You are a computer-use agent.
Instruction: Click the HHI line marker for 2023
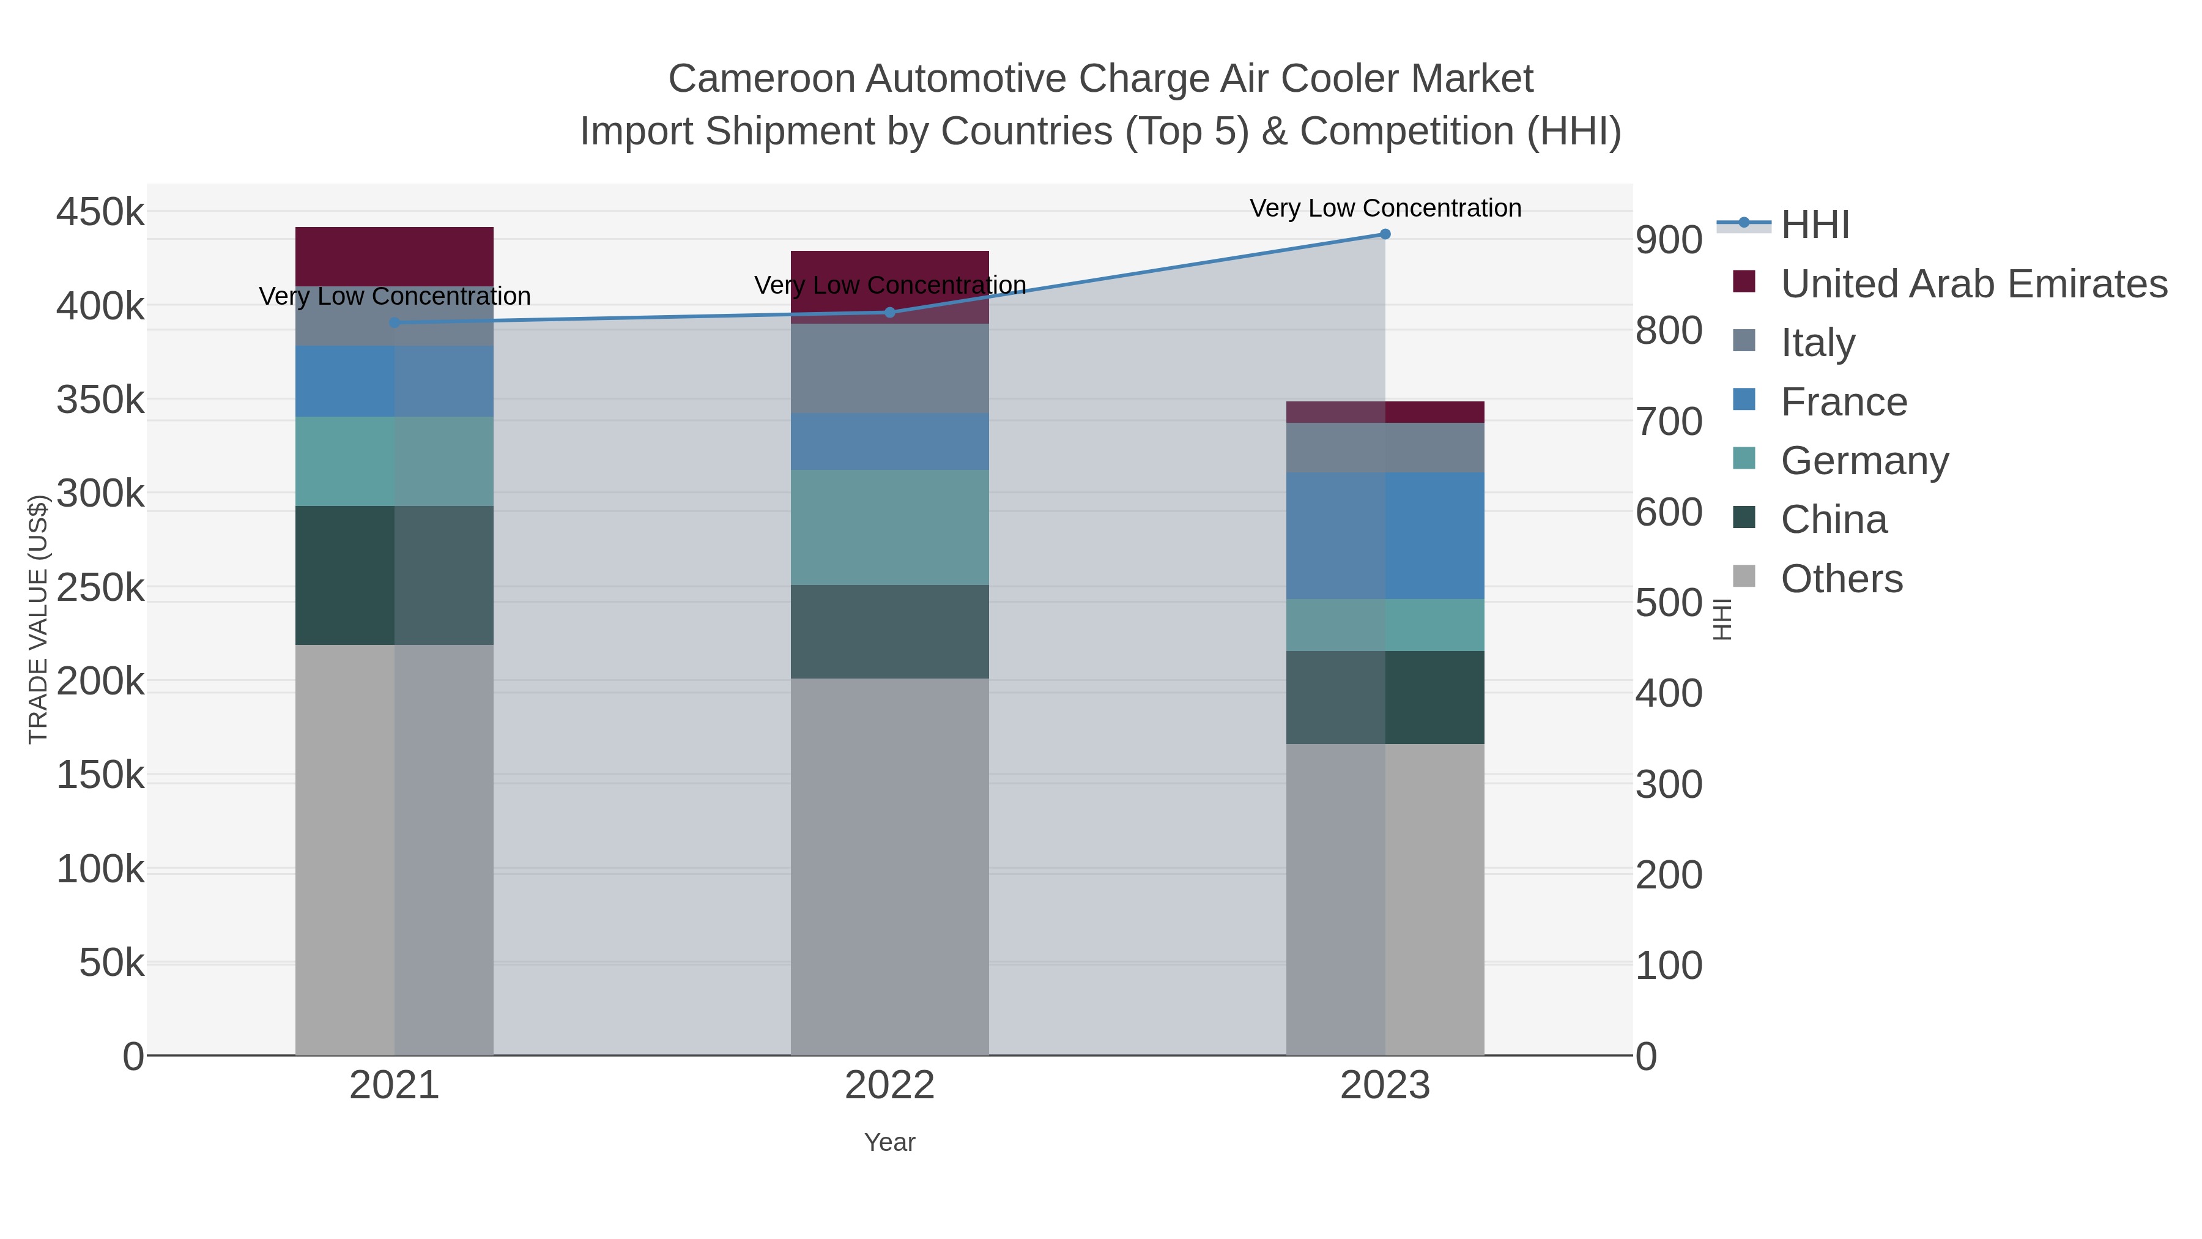pyautogui.click(x=1385, y=234)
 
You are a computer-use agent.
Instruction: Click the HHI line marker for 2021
pyautogui.click(x=394, y=322)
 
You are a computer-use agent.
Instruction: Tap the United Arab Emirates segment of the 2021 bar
pyautogui.click(x=394, y=256)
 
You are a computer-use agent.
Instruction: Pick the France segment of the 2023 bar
pyautogui.click(x=1385, y=535)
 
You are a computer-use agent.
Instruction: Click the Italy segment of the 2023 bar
pyautogui.click(x=1385, y=447)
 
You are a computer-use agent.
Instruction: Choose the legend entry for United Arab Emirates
pyautogui.click(x=1973, y=284)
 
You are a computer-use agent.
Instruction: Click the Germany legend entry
pyautogui.click(x=1864, y=461)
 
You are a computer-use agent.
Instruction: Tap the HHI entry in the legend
pyautogui.click(x=1815, y=225)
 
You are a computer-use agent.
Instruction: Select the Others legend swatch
pyautogui.click(x=1744, y=576)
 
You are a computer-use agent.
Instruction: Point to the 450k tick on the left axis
pyautogui.click(x=100, y=212)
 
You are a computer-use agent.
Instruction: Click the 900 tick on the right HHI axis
pyautogui.click(x=1669, y=240)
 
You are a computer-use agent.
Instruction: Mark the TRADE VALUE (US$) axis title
pyautogui.click(x=37, y=619)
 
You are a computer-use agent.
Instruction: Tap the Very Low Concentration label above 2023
pyautogui.click(x=1385, y=208)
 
